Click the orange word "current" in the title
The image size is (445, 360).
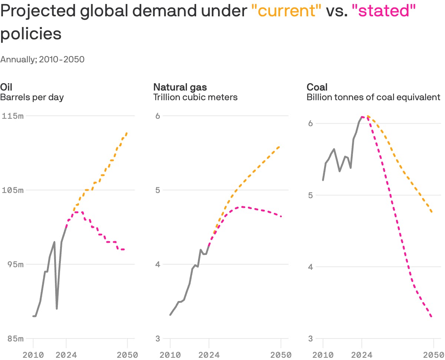coord(286,12)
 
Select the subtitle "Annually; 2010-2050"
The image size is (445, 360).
coord(42,59)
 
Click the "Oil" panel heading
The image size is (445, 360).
coord(6,87)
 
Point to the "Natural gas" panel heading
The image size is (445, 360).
coord(180,87)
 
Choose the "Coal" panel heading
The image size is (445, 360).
coord(317,87)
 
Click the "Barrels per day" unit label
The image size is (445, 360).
coord(32,97)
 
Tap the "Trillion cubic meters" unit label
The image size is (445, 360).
coord(195,97)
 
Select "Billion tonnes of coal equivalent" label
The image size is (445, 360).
coord(373,97)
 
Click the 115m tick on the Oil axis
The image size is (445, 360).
coord(13,116)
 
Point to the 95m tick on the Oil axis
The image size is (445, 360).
coord(15,264)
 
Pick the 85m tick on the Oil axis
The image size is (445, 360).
coord(15,338)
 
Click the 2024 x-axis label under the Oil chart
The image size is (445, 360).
coord(66,355)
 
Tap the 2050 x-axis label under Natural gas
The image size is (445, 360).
coord(281,355)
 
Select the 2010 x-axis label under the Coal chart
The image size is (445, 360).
coord(323,355)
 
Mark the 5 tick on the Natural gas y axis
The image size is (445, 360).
coord(158,190)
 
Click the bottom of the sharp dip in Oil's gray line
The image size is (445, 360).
coord(57,308)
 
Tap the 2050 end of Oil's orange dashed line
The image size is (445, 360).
coord(127,132)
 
